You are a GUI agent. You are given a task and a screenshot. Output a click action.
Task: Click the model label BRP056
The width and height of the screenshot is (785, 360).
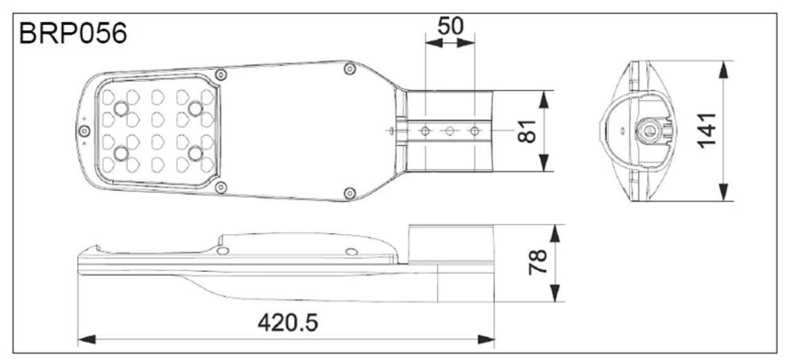pyautogui.click(x=73, y=34)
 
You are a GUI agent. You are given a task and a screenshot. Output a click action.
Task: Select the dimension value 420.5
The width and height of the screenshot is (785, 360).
pyautogui.click(x=288, y=323)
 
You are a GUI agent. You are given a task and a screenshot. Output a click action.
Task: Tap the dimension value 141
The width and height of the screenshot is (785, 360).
pyautogui.click(x=707, y=130)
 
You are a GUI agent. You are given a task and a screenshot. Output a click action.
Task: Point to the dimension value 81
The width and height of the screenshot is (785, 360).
pyautogui.click(x=527, y=131)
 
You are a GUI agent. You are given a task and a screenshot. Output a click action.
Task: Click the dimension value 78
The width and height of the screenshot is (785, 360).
pyautogui.click(x=538, y=263)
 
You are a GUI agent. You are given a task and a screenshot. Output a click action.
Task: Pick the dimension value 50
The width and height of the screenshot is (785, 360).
pyautogui.click(x=451, y=26)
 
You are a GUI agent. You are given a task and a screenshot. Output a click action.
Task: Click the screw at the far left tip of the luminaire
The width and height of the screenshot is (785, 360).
pyautogui.click(x=84, y=131)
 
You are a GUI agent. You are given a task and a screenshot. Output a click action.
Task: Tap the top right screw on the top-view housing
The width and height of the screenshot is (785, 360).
pyautogui.click(x=350, y=69)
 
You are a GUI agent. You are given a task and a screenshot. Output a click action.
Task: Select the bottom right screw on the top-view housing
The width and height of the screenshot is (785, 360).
pyautogui.click(x=350, y=193)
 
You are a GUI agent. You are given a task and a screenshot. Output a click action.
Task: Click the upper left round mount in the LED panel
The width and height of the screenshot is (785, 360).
pyautogui.click(x=121, y=108)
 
